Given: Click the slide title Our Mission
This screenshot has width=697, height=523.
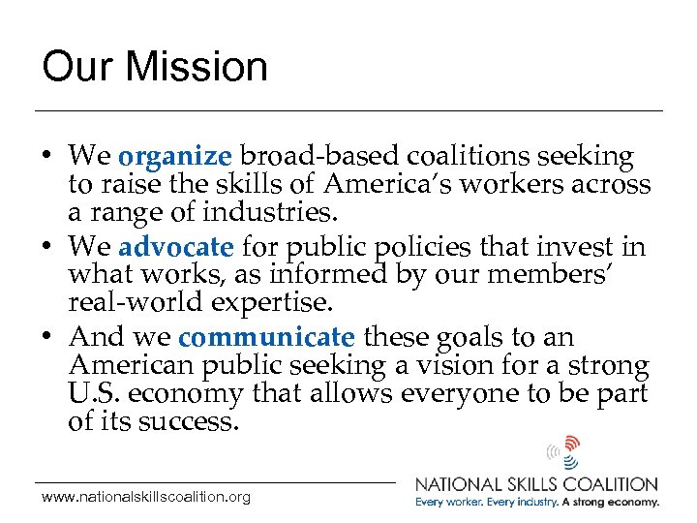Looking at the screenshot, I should click(x=154, y=67).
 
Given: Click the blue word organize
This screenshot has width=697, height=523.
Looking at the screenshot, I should click(x=174, y=156).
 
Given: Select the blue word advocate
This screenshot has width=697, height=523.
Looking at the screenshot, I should click(x=176, y=247).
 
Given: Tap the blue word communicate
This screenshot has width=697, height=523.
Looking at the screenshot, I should click(x=267, y=337).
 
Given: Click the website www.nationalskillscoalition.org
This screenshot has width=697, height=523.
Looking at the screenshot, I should click(x=145, y=497).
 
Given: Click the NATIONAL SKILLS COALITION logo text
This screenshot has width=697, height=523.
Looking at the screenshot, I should click(x=536, y=483).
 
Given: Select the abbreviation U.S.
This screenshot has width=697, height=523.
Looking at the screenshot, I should click(x=94, y=395).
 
